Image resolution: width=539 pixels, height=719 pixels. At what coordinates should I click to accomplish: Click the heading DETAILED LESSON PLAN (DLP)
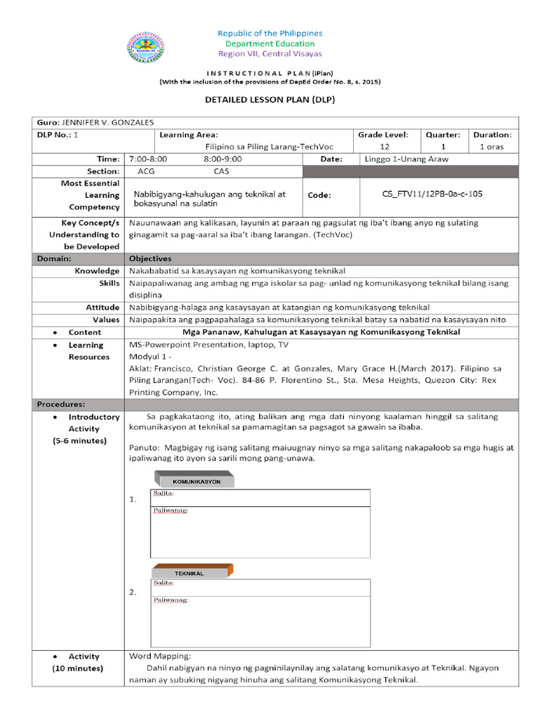coord(269,100)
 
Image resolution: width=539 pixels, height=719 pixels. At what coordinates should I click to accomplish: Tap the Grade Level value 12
coord(384,147)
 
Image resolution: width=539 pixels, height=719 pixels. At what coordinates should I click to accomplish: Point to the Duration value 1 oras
coord(491,147)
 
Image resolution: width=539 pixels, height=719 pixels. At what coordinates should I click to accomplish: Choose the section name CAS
coord(221,171)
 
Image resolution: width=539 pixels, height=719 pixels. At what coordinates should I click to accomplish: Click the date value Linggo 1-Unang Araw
coord(406,159)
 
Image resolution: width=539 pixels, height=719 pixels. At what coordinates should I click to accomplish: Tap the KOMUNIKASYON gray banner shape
coord(194,482)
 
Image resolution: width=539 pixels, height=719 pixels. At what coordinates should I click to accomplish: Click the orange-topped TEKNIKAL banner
coord(192,572)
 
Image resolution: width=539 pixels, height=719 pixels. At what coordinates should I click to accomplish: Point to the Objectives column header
coord(150,258)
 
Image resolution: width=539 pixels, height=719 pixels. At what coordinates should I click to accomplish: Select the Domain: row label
coord(54,258)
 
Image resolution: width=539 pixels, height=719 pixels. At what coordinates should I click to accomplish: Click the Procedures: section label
coord(61,404)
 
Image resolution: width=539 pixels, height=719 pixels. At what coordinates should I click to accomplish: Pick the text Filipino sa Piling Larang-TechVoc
coord(269,147)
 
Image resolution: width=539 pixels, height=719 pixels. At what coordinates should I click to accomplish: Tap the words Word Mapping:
coord(155,657)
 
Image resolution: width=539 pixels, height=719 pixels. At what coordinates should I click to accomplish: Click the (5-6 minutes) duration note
coord(79,440)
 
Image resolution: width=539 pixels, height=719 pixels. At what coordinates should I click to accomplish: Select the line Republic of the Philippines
coord(269,33)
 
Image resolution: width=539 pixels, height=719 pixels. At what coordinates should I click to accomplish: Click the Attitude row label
coord(102,308)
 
